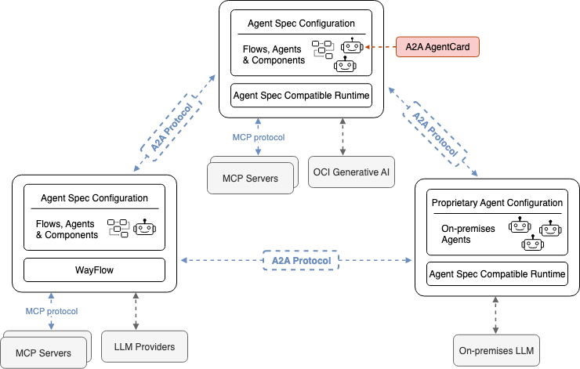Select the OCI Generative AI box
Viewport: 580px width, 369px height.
341,172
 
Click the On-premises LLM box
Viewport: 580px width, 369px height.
497,350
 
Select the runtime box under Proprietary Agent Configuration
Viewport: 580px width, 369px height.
496,274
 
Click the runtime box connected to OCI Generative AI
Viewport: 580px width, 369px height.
301,96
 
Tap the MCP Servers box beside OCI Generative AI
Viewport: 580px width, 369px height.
250,178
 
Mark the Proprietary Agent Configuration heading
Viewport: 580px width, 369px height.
497,202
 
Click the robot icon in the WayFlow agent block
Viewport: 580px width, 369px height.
144,228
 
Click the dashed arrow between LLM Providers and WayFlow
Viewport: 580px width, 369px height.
138,310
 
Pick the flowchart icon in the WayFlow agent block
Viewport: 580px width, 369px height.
118,227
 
